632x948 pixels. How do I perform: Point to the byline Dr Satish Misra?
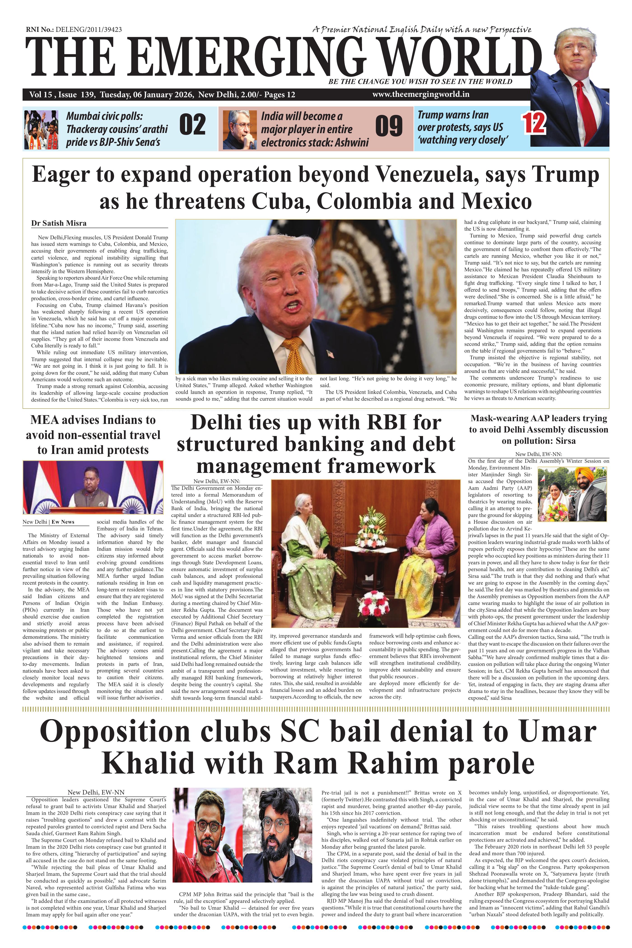tap(59, 223)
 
